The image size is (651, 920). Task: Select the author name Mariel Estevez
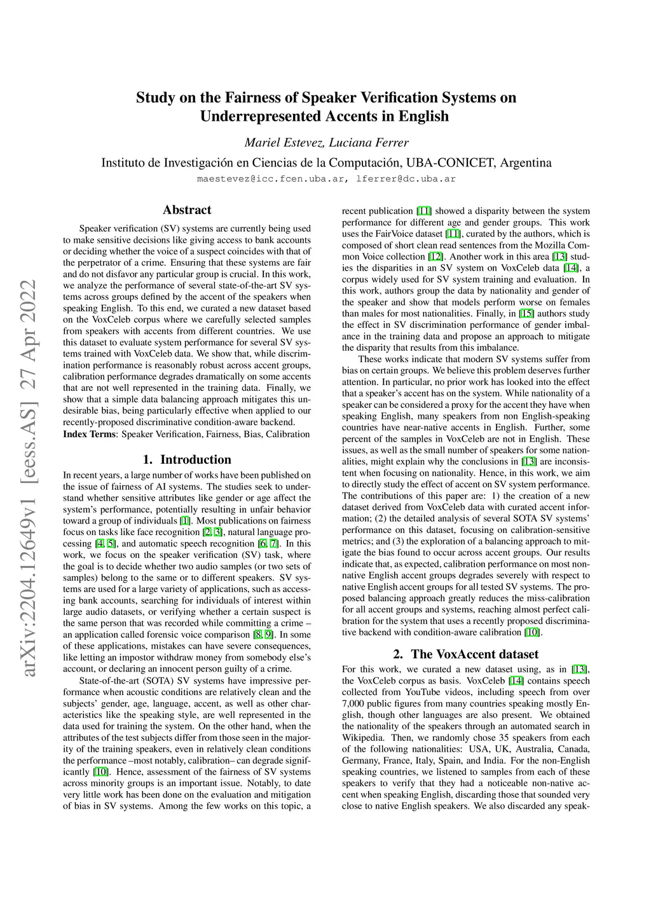pos(284,142)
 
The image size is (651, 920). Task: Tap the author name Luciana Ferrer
pos(369,142)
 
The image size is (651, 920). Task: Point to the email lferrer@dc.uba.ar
pos(406,179)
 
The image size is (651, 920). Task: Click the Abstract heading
pos(187,210)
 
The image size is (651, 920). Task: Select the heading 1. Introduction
pos(187,459)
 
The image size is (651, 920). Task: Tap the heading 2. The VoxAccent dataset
pos(466,654)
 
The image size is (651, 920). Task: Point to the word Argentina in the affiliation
pos(526,163)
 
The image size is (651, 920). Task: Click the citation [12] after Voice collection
pos(435,257)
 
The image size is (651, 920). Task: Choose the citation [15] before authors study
pos(526,314)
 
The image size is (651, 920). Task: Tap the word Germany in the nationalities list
pos(360,761)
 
